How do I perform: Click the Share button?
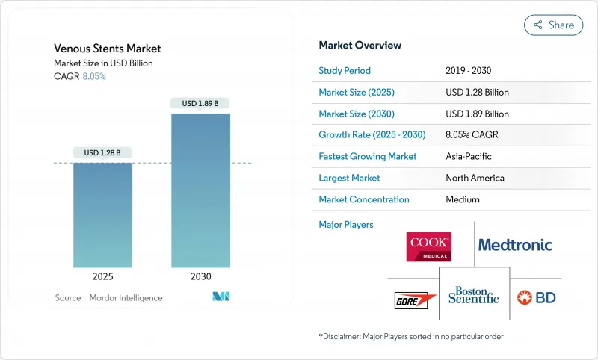pos(554,25)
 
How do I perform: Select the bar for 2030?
pos(200,190)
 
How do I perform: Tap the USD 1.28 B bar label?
pos(102,153)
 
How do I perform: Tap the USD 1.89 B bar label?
pos(200,103)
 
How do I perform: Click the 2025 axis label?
pos(102,276)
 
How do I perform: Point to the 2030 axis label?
pos(200,276)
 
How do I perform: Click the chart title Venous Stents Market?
pos(107,49)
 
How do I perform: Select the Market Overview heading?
pos(360,46)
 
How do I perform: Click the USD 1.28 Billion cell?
pos(477,93)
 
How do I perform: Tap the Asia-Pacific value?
pos(468,157)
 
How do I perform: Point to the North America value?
pos(475,178)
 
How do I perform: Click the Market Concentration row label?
pos(364,199)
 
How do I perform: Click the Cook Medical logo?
pos(428,246)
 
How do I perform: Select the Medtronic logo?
pos(515,245)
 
